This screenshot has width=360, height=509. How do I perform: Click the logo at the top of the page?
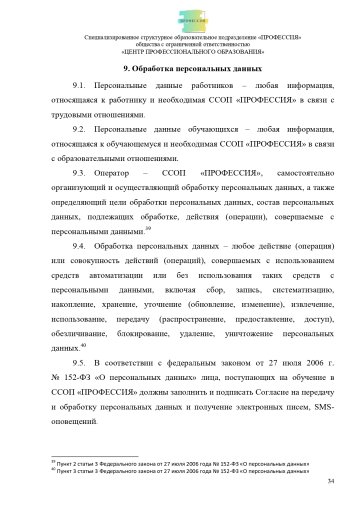click(x=179, y=17)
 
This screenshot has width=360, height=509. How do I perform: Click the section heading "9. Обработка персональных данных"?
click(x=180, y=69)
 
